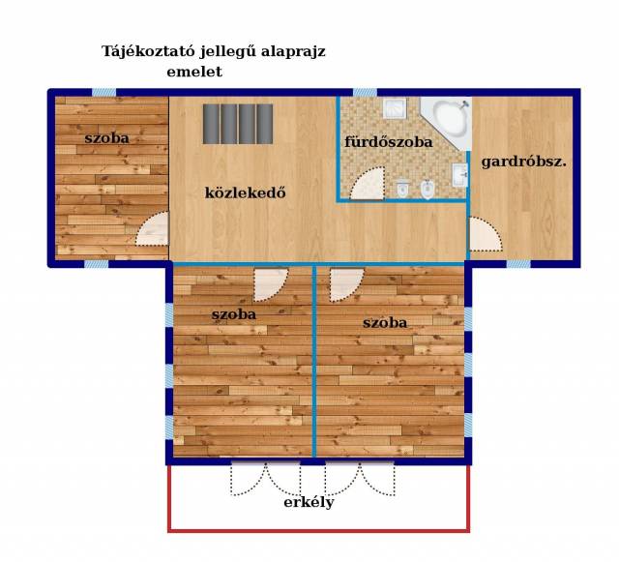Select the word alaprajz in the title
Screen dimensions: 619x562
tap(293, 52)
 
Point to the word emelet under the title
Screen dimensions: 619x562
tap(194, 72)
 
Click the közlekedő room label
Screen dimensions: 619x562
tap(245, 192)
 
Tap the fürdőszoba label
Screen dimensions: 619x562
tap(389, 142)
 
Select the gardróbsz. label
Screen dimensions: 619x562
tap(524, 163)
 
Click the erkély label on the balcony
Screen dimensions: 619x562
tap(309, 503)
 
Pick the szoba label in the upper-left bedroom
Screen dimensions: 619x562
tap(106, 138)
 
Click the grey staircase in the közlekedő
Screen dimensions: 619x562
tap(238, 124)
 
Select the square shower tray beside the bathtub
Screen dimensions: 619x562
tap(395, 108)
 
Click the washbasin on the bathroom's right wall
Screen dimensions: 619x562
tap(459, 174)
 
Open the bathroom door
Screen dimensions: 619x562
tap(368, 183)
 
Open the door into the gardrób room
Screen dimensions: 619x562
tap(486, 234)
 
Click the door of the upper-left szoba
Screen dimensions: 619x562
tap(153, 229)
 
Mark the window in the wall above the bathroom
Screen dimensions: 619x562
tap(365, 93)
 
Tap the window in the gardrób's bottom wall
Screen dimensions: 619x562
tap(518, 264)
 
